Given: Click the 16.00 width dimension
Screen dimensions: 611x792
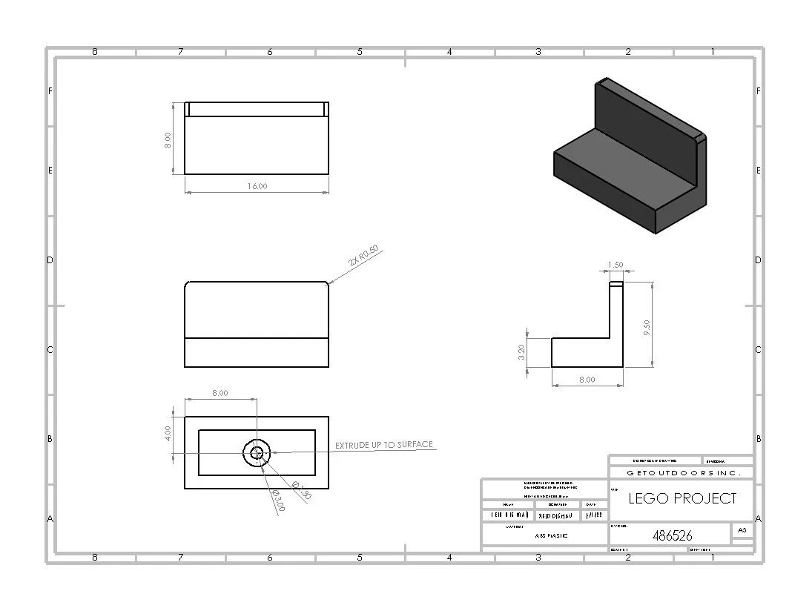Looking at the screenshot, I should (x=257, y=186).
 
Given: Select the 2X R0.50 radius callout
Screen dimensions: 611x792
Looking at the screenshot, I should (x=363, y=257).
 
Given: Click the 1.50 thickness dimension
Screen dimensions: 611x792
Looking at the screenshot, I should (x=615, y=265).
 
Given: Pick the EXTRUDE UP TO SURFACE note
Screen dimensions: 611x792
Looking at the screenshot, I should (x=383, y=445).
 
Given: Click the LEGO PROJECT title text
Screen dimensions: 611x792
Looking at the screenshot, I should (x=682, y=498).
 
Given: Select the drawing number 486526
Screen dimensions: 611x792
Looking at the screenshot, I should (x=672, y=535).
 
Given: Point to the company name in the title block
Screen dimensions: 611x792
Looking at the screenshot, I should (x=679, y=472).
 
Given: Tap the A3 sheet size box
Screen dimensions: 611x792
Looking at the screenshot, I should (x=742, y=529).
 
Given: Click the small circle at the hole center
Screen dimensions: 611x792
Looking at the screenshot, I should (x=257, y=452).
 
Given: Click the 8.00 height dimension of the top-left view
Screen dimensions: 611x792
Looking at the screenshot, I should (x=168, y=140).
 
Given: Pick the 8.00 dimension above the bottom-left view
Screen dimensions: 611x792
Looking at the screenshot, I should (x=220, y=393).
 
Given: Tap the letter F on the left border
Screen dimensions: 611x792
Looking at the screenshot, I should (x=50, y=92).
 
